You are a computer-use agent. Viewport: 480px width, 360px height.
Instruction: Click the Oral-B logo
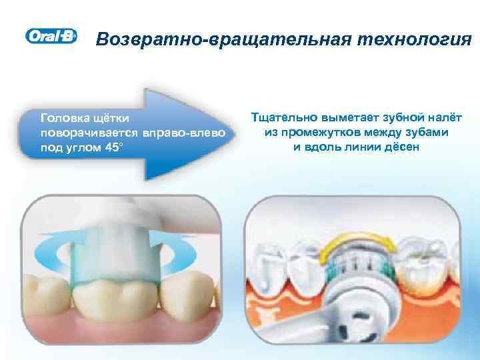pos(51,37)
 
